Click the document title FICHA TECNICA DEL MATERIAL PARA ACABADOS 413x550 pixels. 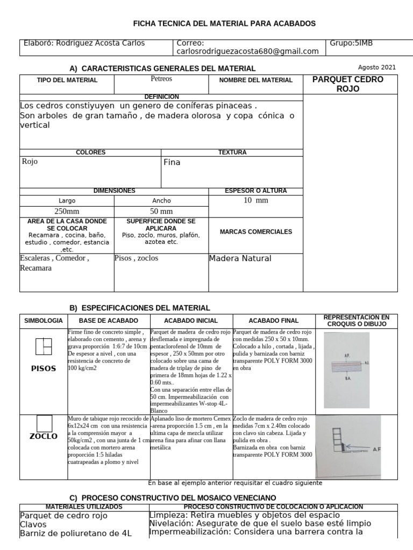[x=224, y=24]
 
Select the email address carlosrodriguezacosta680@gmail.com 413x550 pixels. [x=248, y=52]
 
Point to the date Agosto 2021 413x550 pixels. [x=376, y=67]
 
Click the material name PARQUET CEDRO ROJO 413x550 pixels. [x=348, y=84]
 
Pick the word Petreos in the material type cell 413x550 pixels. [x=162, y=79]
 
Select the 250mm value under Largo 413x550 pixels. [x=67, y=211]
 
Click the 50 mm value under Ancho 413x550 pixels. [x=161, y=211]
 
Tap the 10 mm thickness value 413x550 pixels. [x=255, y=200]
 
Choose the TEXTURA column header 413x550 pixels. [x=232, y=153]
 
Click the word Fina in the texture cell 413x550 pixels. [x=172, y=162]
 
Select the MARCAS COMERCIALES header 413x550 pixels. [x=256, y=232]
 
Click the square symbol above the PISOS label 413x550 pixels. [x=44, y=347]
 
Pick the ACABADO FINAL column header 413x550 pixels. [x=274, y=320]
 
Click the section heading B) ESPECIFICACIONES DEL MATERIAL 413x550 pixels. [x=140, y=308]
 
